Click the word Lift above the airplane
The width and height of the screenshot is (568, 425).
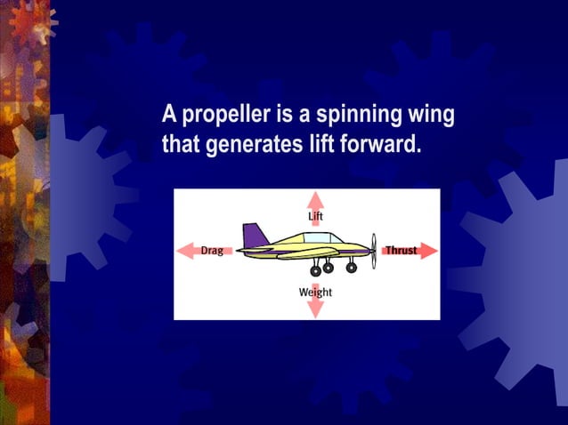(x=315, y=216)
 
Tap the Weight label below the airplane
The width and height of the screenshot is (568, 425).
(x=315, y=292)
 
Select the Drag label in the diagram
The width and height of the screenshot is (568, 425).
(x=212, y=251)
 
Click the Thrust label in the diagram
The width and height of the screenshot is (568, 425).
(x=401, y=251)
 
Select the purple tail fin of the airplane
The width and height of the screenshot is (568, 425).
(x=256, y=236)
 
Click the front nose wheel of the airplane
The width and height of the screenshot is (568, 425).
(x=352, y=267)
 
